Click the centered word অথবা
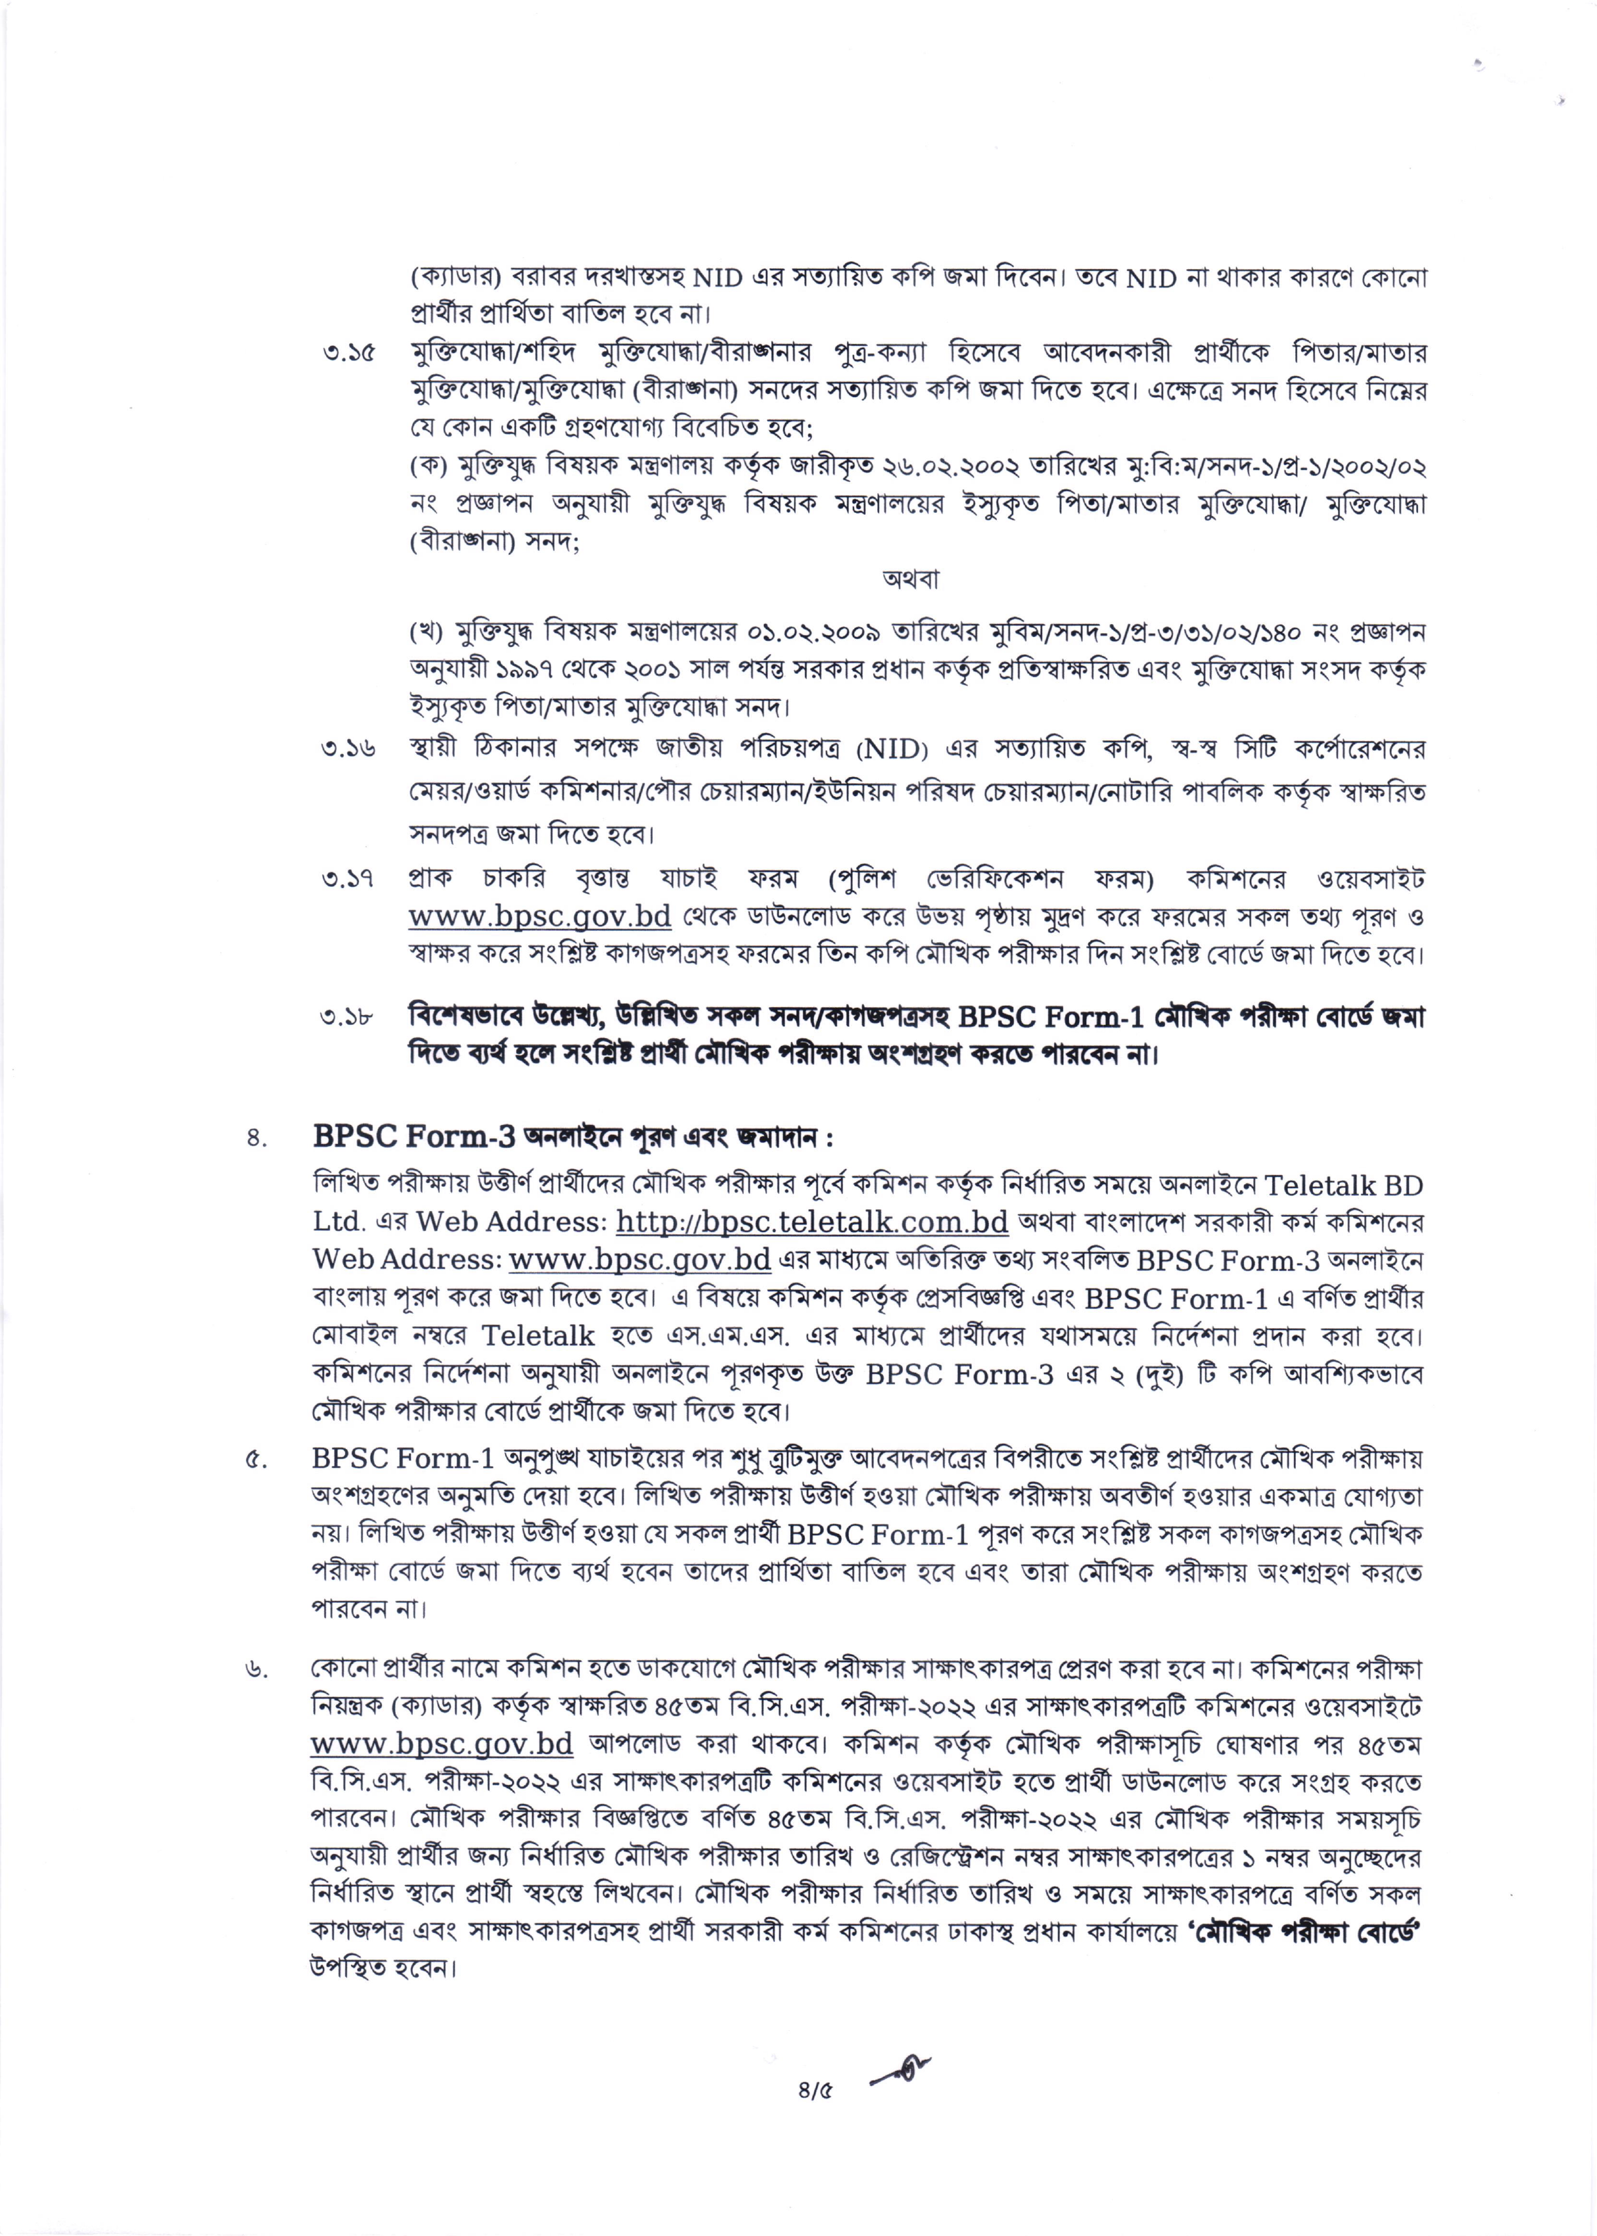910,579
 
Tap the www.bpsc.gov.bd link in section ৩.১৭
540,916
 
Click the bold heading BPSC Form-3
414,1137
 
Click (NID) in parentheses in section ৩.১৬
892,750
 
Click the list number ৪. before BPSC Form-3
258,1139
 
